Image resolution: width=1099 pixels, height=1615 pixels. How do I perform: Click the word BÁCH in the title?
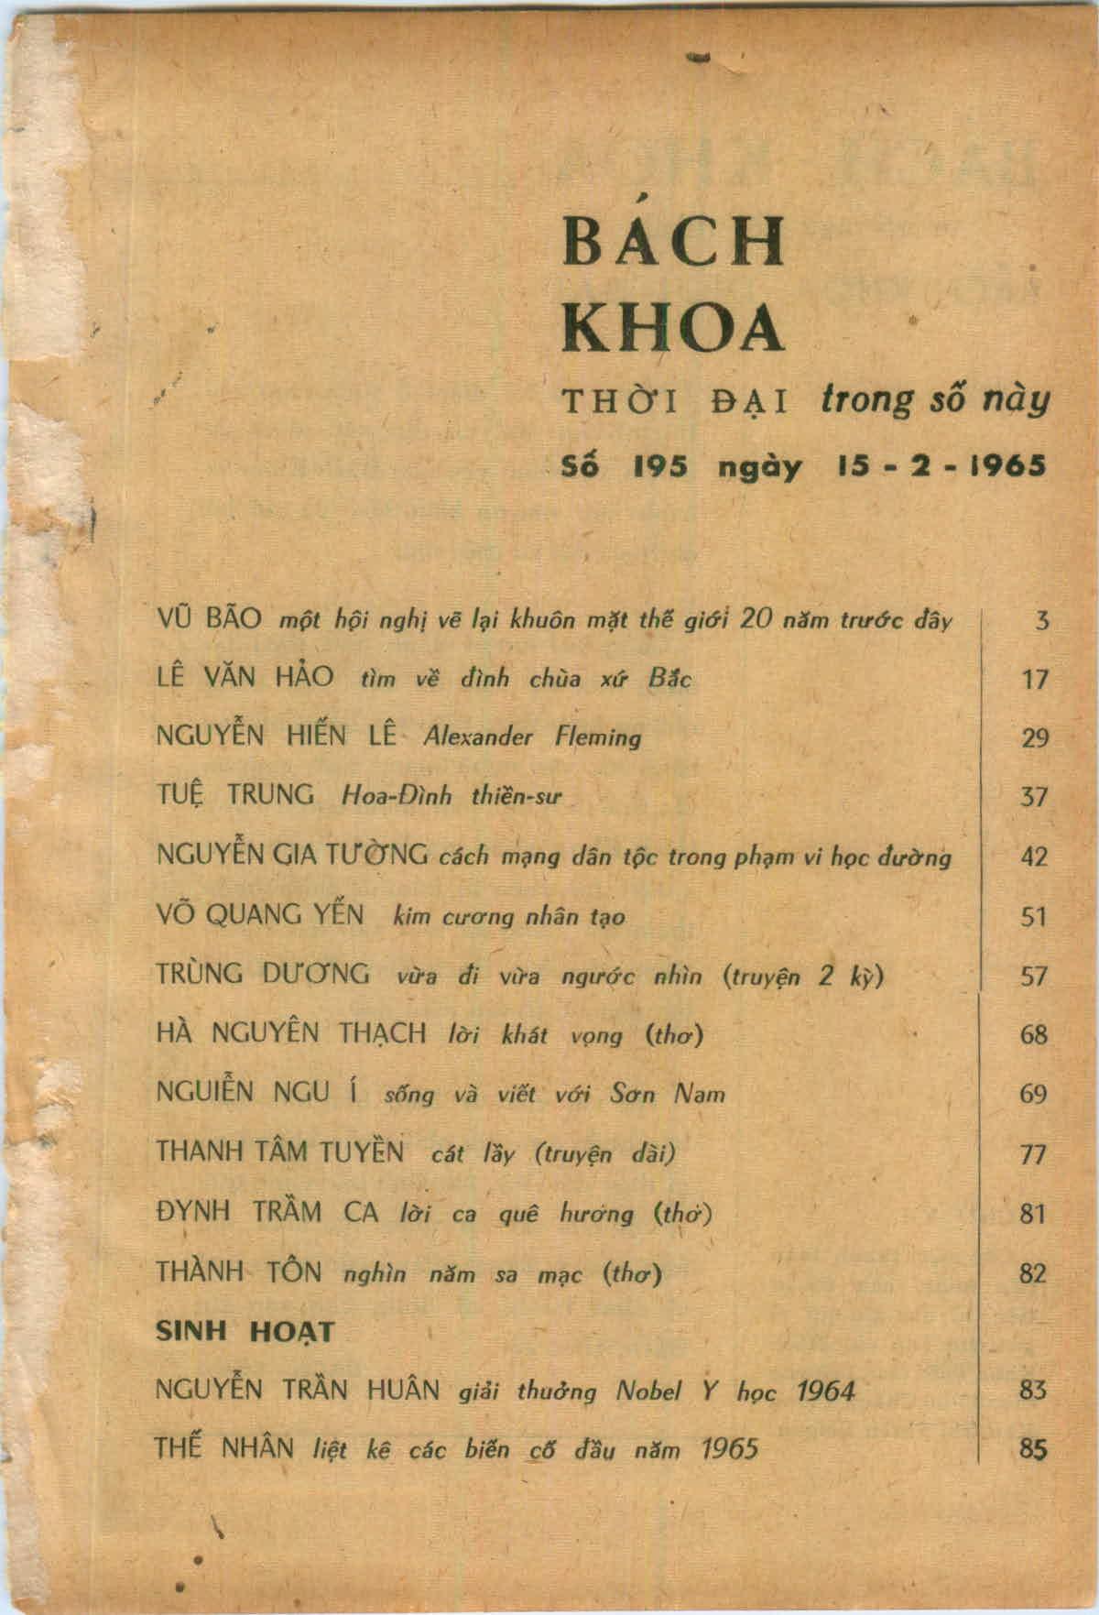(673, 241)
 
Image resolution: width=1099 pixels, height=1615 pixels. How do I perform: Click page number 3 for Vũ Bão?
(1041, 622)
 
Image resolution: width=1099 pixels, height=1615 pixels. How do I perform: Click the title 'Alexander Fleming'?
(532, 737)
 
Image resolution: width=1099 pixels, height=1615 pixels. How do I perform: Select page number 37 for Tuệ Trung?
(1033, 798)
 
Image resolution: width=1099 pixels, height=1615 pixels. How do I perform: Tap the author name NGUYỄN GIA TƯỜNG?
(293, 856)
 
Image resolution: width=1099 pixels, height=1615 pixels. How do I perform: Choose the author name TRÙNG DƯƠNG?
(264, 974)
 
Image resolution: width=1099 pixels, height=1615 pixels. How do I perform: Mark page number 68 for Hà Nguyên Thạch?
(1033, 1035)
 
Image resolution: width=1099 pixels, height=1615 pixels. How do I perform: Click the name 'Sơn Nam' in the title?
(667, 1094)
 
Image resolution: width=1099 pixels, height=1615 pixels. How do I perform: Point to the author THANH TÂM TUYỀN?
(280, 1151)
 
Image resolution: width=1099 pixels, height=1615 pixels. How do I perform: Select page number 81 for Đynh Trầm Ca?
(1033, 1214)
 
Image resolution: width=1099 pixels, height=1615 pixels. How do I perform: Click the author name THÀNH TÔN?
(239, 1272)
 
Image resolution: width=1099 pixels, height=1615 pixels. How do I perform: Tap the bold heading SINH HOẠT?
(245, 1332)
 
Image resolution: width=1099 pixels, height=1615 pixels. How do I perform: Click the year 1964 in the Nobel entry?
(825, 1392)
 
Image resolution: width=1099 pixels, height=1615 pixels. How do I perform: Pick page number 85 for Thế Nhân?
(1032, 1451)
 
